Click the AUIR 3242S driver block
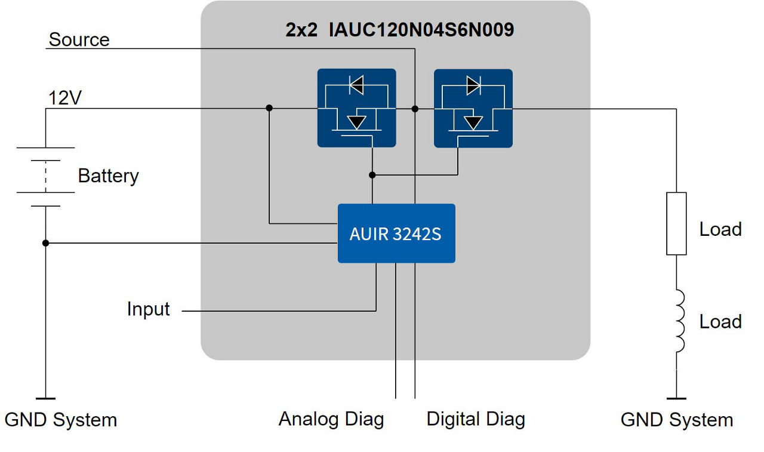396,233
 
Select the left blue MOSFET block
356,108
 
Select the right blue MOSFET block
473,108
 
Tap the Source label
79,40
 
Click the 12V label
64,98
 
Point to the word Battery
108,176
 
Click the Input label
148,309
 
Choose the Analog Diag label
331,419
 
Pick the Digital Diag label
476,419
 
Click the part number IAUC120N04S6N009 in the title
421,30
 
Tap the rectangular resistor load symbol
676,223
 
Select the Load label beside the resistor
720,229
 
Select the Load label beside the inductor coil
720,322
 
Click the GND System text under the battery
60,420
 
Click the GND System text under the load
677,420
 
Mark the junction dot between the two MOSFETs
415,109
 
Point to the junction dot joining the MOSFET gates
372,175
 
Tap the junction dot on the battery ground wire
46,243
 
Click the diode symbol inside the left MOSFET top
356,86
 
